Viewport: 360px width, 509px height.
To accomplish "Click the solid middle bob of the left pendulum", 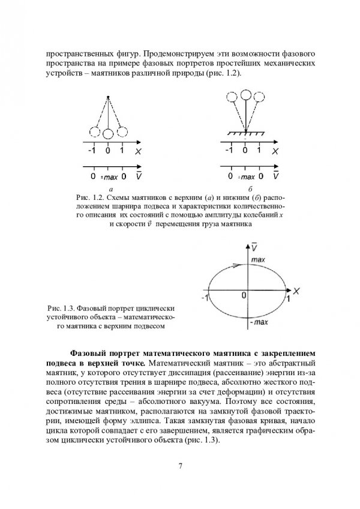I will click(x=108, y=133).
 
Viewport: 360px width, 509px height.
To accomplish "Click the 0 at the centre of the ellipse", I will click(x=244, y=295).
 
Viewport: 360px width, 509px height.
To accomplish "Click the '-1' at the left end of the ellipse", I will click(x=205, y=298).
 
